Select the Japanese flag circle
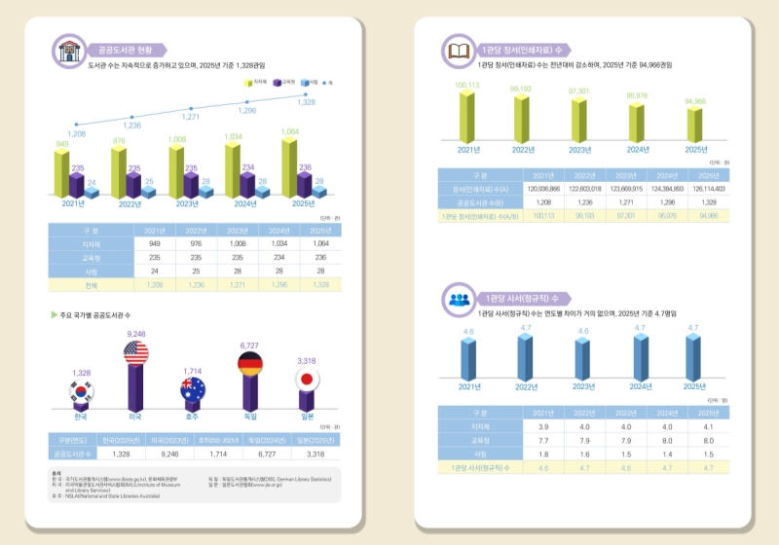pos(307,380)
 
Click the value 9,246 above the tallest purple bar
pos(135,334)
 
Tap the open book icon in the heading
pos(457,50)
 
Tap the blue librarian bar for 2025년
pos(693,359)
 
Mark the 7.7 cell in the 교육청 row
pos(544,440)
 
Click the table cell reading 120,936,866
pos(544,189)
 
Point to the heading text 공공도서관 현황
pos(126,50)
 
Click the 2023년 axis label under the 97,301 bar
pos(582,148)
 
